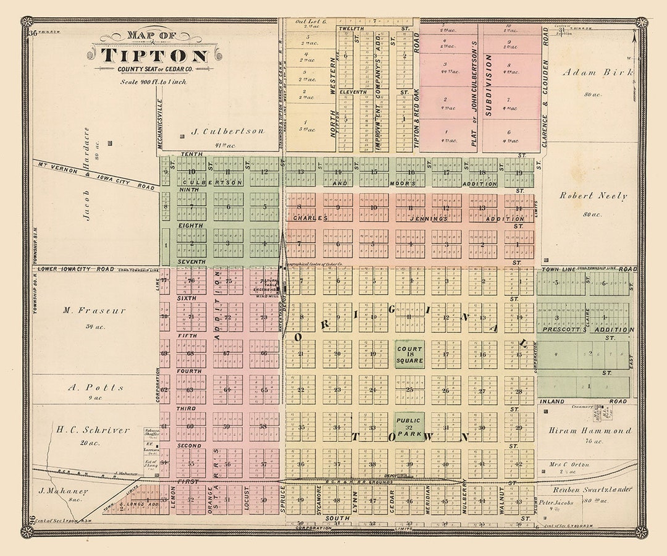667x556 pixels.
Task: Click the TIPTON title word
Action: point(154,56)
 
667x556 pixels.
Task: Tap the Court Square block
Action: point(409,354)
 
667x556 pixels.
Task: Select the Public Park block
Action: point(409,426)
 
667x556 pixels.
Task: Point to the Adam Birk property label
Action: point(597,72)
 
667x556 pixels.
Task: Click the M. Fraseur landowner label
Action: point(94,311)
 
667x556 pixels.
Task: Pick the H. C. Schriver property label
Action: point(93,430)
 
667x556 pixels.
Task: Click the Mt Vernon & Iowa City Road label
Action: point(96,175)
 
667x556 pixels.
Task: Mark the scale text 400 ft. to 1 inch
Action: point(154,82)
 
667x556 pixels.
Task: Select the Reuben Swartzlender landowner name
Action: point(591,489)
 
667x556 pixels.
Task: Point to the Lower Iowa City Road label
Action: point(76,269)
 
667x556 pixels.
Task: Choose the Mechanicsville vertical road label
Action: point(159,124)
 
